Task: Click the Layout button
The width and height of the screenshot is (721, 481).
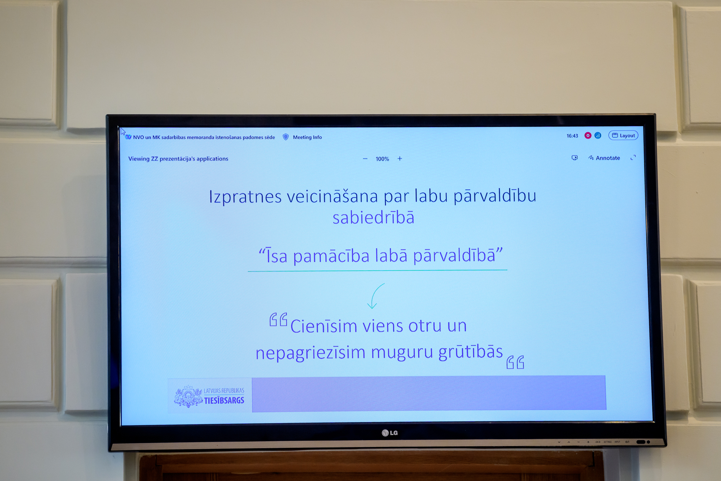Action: pos(623,136)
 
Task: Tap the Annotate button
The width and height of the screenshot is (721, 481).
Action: pos(604,158)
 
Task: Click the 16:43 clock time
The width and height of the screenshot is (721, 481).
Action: pos(572,136)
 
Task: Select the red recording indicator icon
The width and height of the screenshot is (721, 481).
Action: pos(588,136)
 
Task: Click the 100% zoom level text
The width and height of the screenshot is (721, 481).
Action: pos(382,159)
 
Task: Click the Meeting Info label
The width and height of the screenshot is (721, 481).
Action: pos(307,137)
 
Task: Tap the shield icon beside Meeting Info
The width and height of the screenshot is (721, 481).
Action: pos(286,137)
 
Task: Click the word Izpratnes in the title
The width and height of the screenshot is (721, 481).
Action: pos(245,197)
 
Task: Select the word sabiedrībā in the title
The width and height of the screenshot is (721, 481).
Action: pos(373,218)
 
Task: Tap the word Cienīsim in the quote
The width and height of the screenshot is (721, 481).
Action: pos(324,326)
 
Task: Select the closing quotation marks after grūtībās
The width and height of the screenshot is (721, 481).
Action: pos(515,362)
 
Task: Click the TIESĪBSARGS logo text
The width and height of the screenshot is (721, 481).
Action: pos(224,401)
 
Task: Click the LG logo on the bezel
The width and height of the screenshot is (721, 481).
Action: pos(390,433)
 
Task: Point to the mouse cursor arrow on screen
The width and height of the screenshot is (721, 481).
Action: pos(122,131)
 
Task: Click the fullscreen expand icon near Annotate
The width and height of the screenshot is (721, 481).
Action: pos(633,158)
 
